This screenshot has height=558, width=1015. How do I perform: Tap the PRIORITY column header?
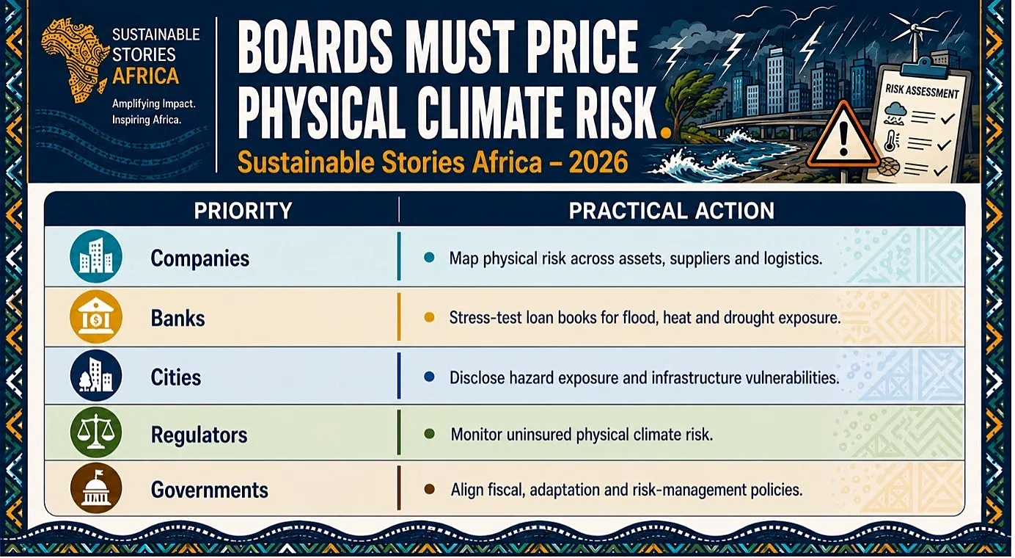tap(243, 211)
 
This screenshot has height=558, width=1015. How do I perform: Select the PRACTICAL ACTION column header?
tap(672, 211)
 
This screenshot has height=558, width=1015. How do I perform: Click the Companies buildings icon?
tap(96, 256)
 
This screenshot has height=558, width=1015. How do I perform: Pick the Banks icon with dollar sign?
tap(96, 316)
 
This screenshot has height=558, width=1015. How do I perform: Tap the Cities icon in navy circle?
tap(96, 376)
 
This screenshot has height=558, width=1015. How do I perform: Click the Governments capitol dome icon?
tap(96, 488)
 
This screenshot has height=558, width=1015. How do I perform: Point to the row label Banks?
tap(177, 318)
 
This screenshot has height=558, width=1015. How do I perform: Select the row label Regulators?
tap(199, 435)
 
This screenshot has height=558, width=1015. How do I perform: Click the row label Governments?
tap(209, 490)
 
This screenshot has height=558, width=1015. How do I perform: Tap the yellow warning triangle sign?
tap(843, 136)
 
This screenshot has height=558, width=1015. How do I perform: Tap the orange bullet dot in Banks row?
tap(429, 318)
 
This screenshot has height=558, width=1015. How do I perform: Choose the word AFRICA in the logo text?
tap(145, 76)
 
